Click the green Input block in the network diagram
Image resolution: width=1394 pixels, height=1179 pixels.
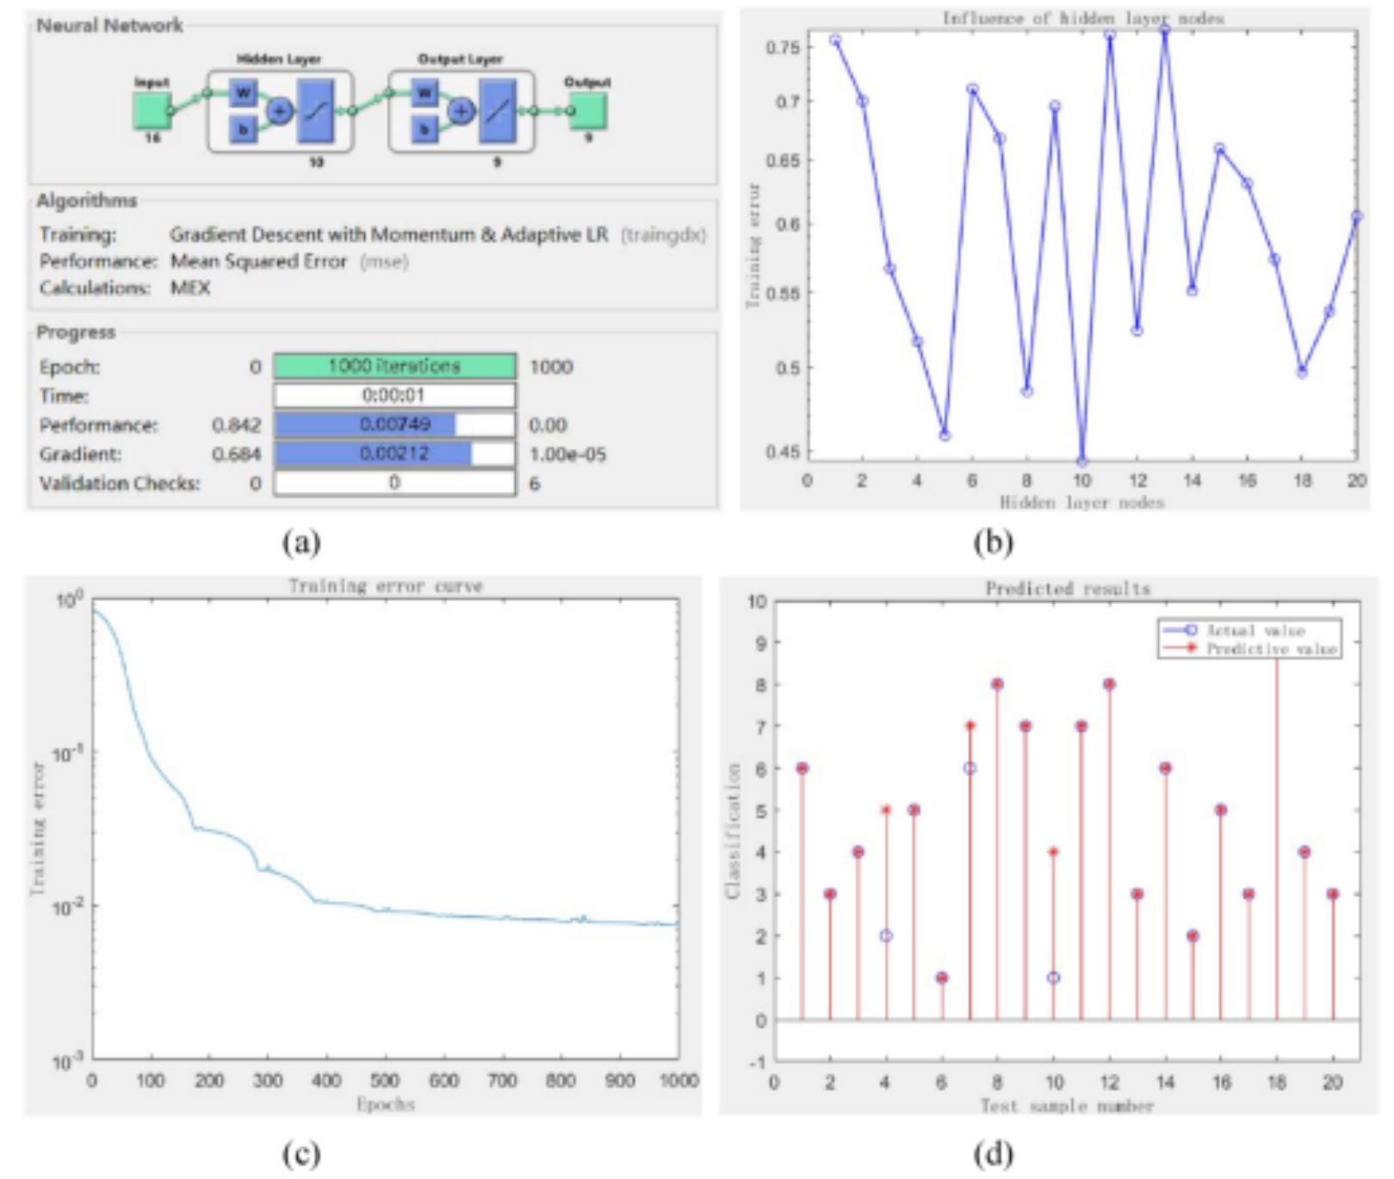tap(152, 110)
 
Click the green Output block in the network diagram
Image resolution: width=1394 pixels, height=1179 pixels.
tap(589, 110)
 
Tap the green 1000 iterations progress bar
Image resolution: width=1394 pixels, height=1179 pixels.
tap(394, 366)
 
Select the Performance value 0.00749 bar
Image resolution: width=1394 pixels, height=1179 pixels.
tap(394, 425)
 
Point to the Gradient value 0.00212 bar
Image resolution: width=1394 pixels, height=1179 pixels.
tap(394, 454)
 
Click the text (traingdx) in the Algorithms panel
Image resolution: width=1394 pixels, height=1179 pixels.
tap(663, 234)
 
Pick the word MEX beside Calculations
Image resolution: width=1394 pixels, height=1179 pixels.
tap(190, 288)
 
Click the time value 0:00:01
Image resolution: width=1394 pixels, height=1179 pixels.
tap(394, 395)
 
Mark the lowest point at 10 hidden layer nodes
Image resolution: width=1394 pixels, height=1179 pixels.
tap(1082, 462)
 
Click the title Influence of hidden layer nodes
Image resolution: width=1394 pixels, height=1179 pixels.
tap(1082, 18)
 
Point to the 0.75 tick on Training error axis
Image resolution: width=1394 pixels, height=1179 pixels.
tap(783, 47)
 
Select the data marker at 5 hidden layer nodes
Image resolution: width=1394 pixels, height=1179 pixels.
tap(945, 436)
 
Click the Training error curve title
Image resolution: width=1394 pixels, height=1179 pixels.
tap(385, 586)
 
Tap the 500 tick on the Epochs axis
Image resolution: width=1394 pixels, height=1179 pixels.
tap(385, 1080)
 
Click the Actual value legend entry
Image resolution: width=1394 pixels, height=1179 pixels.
tap(1255, 630)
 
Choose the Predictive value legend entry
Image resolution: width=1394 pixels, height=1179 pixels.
tap(1270, 648)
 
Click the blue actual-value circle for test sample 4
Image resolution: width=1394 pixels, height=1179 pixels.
tap(886, 935)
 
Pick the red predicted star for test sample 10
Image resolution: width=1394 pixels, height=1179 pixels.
tap(1053, 852)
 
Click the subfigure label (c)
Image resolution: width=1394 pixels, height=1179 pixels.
tap(301, 1153)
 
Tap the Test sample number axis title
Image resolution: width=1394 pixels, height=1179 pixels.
tap(1067, 1106)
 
